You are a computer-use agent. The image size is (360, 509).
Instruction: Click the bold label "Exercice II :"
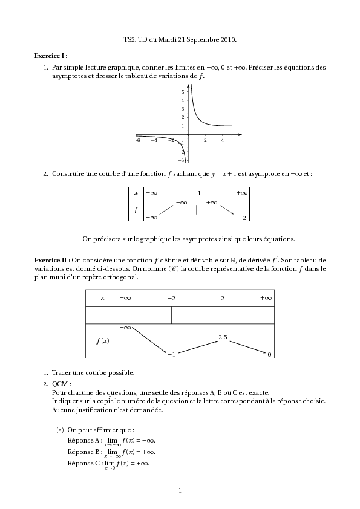[53, 259]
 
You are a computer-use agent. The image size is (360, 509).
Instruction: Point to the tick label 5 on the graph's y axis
[183, 91]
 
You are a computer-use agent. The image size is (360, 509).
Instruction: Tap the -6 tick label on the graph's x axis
[138, 140]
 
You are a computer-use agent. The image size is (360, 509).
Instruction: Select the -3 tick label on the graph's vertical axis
[182, 160]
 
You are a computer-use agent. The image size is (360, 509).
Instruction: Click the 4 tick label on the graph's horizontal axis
[222, 140]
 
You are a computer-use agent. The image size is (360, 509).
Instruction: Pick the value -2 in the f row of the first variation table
[241, 218]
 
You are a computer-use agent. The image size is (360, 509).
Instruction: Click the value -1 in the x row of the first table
[197, 192]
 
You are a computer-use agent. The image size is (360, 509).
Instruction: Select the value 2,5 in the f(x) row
[223, 337]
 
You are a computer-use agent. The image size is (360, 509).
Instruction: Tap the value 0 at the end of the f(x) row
[269, 354]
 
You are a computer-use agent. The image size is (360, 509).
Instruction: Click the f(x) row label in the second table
[103, 340]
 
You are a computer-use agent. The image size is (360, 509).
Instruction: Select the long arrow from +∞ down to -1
[149, 341]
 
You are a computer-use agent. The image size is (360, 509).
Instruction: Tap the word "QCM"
[61, 383]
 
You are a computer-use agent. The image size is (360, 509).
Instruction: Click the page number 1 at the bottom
[180, 490]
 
